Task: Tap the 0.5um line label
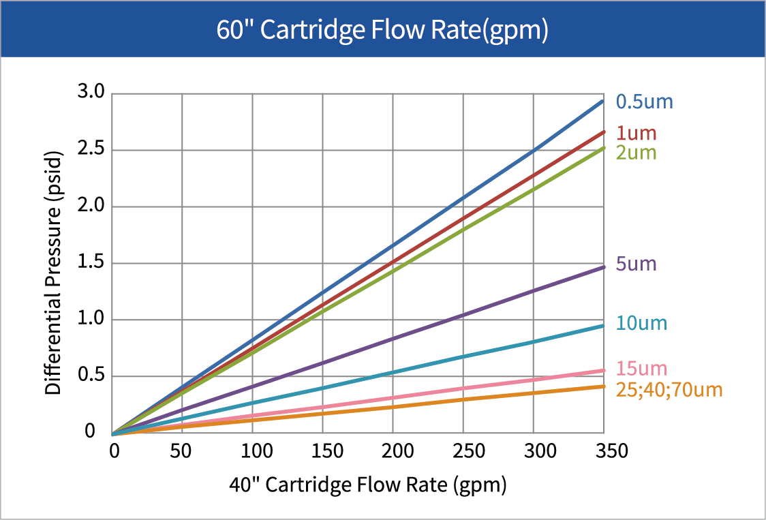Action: pyautogui.click(x=644, y=102)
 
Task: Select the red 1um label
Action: pyautogui.click(x=636, y=134)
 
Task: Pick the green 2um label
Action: pyautogui.click(x=636, y=153)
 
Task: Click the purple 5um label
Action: pyautogui.click(x=636, y=264)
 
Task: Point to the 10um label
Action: pyautogui.click(x=641, y=323)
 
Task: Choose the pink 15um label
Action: pyautogui.click(x=641, y=369)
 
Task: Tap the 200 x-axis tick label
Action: pyautogui.click(x=393, y=451)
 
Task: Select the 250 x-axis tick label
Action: pyautogui.click(x=463, y=451)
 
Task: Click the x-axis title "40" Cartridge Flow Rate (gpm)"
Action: pyautogui.click(x=367, y=485)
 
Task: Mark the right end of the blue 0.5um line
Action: pyautogui.click(x=602, y=101)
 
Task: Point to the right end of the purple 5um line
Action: pyautogui.click(x=602, y=266)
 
